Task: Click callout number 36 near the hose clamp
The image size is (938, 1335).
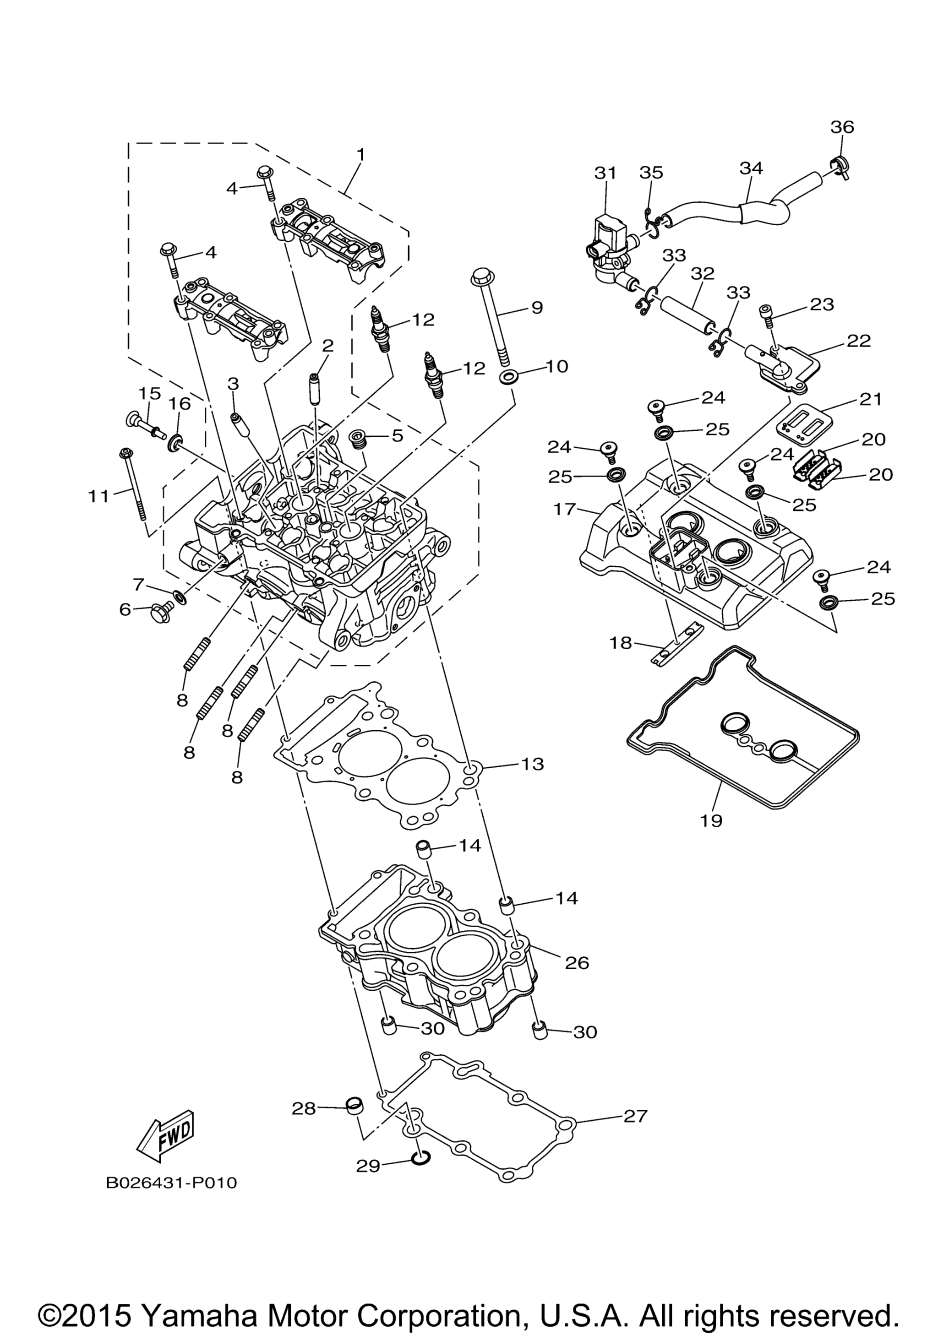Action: (x=842, y=126)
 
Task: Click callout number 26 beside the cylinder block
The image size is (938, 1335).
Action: (x=577, y=963)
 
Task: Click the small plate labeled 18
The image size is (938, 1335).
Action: (x=677, y=646)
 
